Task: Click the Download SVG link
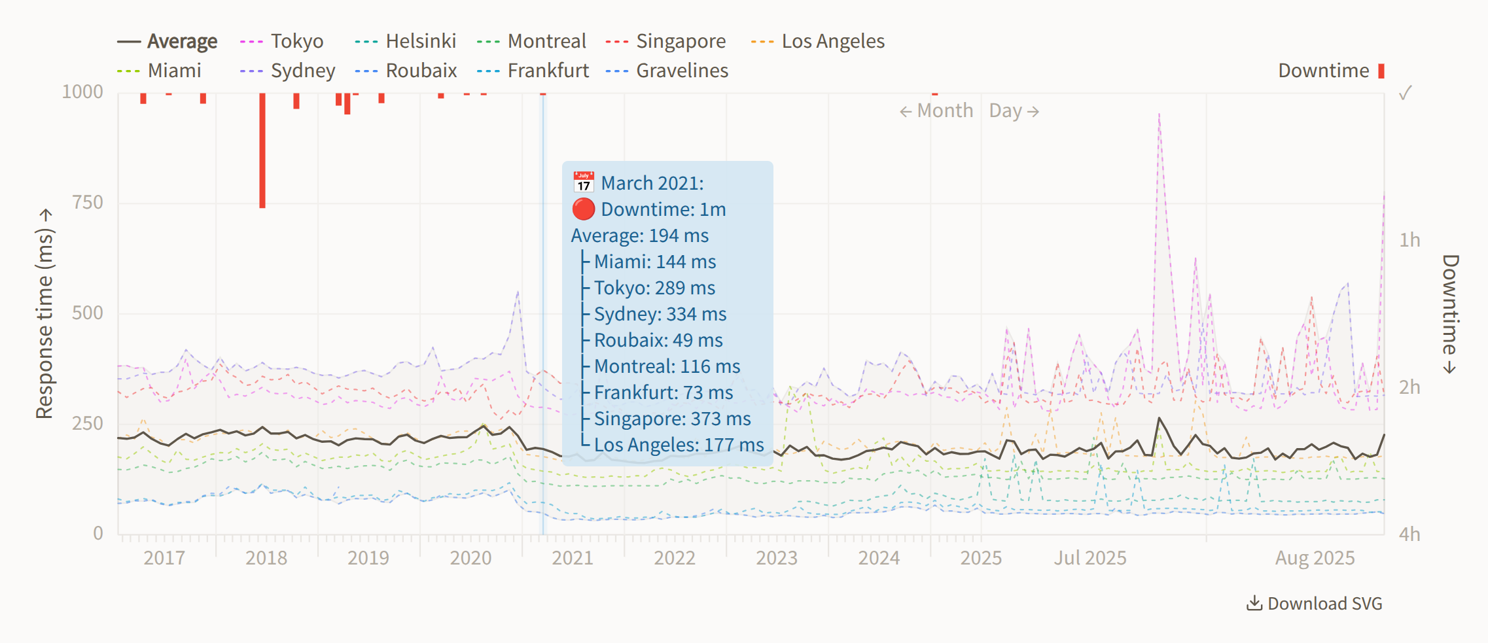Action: click(1315, 603)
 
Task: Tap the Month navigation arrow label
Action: click(936, 111)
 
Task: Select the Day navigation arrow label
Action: click(1014, 111)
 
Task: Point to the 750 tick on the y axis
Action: click(88, 202)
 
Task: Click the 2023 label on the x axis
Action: click(777, 558)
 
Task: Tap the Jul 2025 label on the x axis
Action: click(1090, 558)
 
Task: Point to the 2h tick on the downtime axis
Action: click(1409, 387)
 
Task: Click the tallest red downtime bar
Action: click(262, 150)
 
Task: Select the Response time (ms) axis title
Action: click(44, 314)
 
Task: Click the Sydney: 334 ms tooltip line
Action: click(660, 314)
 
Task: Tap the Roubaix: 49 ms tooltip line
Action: click(658, 340)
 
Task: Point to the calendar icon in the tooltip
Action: click(583, 182)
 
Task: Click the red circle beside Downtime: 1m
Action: click(583, 209)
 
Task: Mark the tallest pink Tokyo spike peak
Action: click(1159, 115)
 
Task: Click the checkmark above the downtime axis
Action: click(1405, 93)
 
